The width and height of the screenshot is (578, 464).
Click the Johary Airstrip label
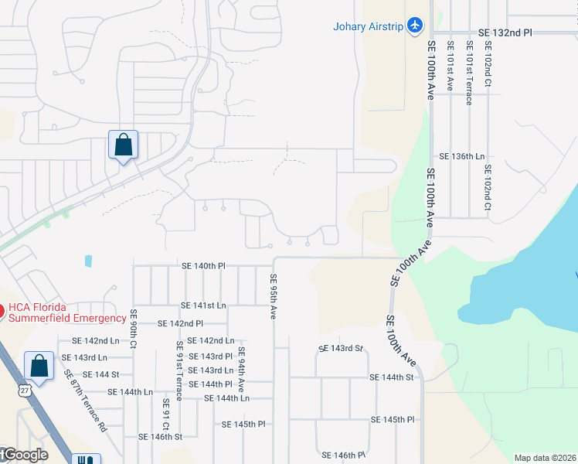[x=369, y=26]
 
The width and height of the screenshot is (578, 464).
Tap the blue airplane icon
[x=416, y=26]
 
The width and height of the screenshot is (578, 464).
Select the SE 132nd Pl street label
[x=505, y=32]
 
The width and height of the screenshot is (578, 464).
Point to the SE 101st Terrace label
[x=468, y=79]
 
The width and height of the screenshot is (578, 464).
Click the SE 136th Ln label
[x=462, y=156]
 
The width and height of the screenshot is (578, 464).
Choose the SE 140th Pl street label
[x=203, y=265]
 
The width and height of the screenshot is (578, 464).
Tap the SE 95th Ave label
[x=273, y=296]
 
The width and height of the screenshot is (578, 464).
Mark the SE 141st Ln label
[x=203, y=305]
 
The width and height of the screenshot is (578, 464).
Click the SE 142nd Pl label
[x=180, y=323]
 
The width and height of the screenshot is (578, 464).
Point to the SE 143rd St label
[x=340, y=349]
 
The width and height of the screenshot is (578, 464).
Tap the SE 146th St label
[x=160, y=437]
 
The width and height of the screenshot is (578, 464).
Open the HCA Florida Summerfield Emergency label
[x=67, y=313]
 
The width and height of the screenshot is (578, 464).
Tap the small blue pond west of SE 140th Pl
[x=88, y=261]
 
